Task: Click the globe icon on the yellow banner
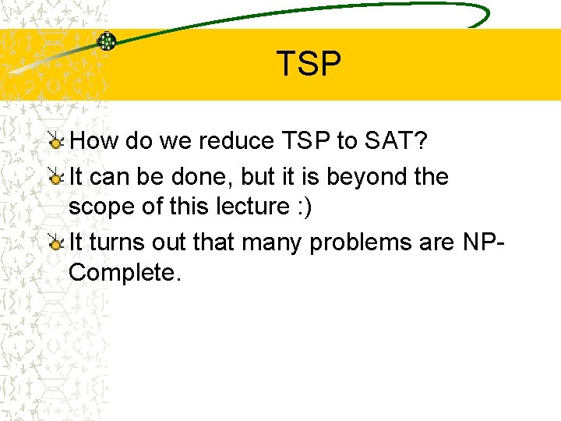point(107,41)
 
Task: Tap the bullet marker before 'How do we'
point(57,141)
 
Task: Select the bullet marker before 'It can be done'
point(57,178)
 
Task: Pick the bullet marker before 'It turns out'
point(57,243)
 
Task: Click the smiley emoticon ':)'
point(305,207)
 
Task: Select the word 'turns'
point(120,242)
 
